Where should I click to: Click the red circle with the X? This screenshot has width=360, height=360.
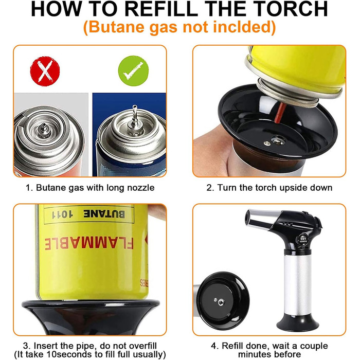tap(45, 71)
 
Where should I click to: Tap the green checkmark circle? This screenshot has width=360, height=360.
tap(133, 71)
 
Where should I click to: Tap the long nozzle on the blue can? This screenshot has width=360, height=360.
tap(135, 116)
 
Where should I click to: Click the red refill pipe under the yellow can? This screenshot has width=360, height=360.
tap(280, 113)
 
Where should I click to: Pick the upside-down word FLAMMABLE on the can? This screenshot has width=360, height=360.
tap(89, 244)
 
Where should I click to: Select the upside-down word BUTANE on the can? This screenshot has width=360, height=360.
tap(104, 214)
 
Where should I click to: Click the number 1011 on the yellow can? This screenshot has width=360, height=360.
tap(62, 214)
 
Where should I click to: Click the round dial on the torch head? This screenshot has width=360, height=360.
tap(303, 240)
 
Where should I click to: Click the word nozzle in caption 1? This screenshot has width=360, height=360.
tap(141, 188)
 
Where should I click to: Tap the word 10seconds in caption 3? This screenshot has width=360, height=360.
tap(68, 354)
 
